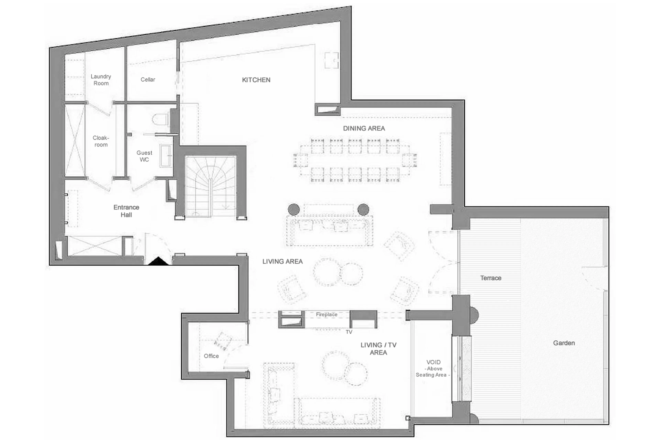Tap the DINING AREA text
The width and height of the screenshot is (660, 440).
point(364,128)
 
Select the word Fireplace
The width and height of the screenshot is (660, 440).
point(327,314)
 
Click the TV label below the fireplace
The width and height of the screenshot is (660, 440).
point(349,332)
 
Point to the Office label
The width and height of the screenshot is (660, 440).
point(211,356)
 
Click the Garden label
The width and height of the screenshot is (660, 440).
point(564,343)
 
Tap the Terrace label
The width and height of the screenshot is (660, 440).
point(491,278)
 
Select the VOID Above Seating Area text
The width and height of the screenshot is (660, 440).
point(433,368)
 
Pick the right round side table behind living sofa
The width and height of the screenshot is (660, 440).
point(363,209)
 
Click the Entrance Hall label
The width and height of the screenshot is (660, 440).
point(126,211)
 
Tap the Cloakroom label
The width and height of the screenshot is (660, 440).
point(101,141)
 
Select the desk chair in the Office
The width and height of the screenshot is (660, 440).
point(223,341)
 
